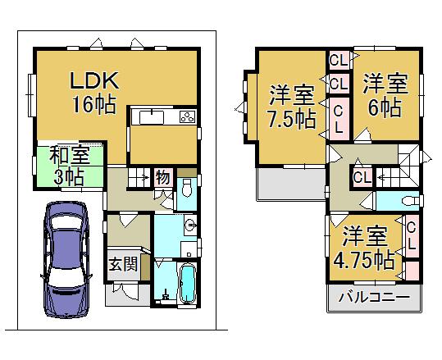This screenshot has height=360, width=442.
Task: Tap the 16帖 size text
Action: click(x=92, y=104)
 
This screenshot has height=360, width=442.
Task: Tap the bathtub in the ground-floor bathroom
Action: click(x=186, y=284)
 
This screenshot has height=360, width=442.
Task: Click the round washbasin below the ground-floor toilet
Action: click(x=190, y=225)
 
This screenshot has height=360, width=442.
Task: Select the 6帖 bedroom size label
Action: click(x=383, y=107)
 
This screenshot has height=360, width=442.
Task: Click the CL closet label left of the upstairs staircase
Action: click(x=361, y=176)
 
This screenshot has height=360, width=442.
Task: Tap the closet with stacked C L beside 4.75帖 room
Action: click(x=411, y=236)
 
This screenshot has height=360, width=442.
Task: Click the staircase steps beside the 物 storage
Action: click(x=139, y=175)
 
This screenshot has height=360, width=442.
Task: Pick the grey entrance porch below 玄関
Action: click(x=122, y=293)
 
